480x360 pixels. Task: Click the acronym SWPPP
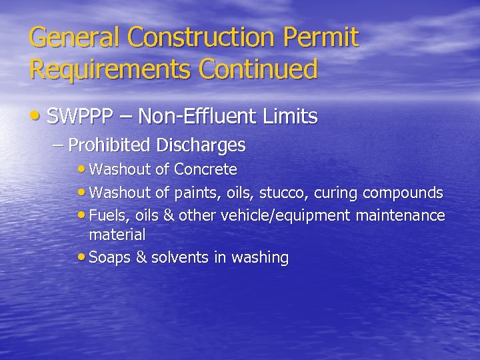pos(79,118)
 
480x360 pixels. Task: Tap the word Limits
pos(289,118)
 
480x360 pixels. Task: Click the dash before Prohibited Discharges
pos(58,145)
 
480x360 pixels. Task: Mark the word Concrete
pos(205,170)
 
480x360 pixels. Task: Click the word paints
pos(195,193)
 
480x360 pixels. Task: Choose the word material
pos(117,235)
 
